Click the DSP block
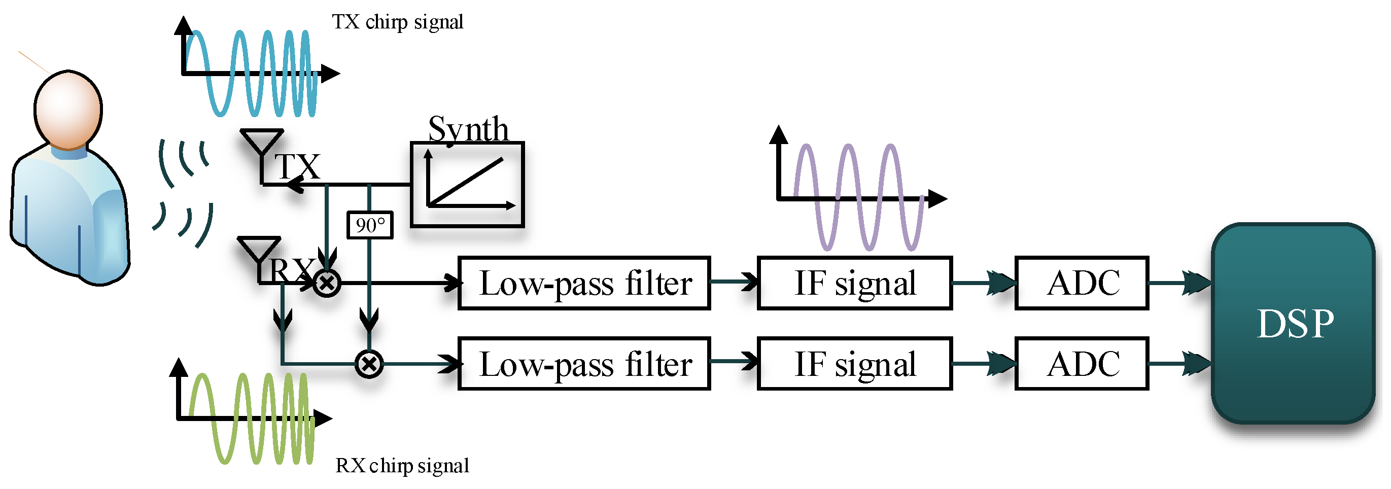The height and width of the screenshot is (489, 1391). click(1293, 323)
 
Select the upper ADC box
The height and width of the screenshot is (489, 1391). click(1082, 283)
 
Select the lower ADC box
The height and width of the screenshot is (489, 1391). click(1082, 364)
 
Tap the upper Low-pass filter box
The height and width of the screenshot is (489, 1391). click(584, 283)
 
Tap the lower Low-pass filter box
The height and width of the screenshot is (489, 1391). click(584, 364)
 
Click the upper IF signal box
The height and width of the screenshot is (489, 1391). click(855, 283)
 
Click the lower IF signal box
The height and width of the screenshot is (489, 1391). click(855, 364)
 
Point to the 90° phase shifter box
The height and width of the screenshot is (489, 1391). click(370, 225)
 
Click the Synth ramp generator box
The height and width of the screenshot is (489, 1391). click(468, 185)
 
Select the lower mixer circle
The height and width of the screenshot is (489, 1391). click(369, 364)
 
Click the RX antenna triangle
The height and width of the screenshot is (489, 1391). click(260, 248)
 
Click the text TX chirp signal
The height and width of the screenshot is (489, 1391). click(397, 22)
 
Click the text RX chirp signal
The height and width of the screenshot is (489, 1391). click(402, 466)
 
